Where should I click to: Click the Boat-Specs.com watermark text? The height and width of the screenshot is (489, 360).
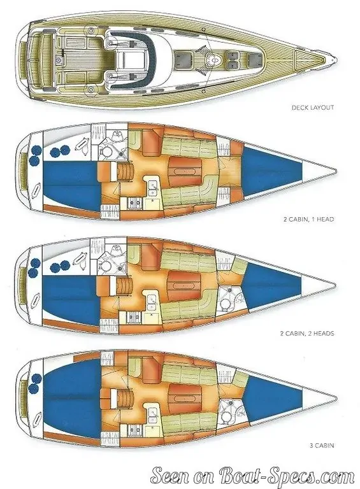(253, 476)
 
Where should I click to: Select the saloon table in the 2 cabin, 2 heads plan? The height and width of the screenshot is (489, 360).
(185, 285)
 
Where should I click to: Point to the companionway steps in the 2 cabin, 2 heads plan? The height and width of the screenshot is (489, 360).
(125, 285)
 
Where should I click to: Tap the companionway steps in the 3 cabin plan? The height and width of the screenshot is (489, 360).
(125, 397)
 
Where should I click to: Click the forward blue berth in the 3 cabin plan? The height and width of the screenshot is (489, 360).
(271, 398)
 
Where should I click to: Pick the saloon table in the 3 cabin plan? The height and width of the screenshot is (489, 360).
(185, 398)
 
